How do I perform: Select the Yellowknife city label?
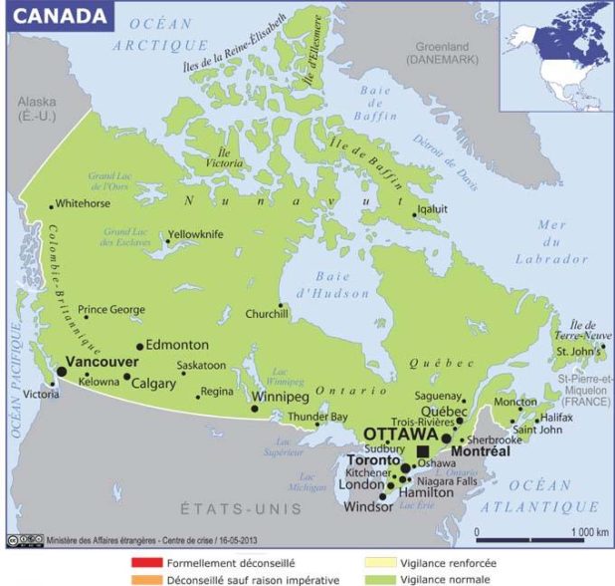click(x=200, y=234)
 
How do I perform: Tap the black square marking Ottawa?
click(x=423, y=451)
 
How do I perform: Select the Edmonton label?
click(x=177, y=344)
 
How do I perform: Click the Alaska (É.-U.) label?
click(x=38, y=110)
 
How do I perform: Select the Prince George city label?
click(x=111, y=309)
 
